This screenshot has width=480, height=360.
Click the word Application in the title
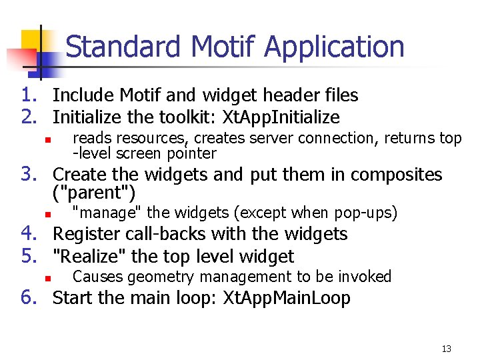(334, 47)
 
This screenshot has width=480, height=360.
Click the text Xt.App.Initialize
(281, 118)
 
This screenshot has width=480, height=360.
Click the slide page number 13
(447, 349)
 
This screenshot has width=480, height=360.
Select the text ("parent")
(94, 194)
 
